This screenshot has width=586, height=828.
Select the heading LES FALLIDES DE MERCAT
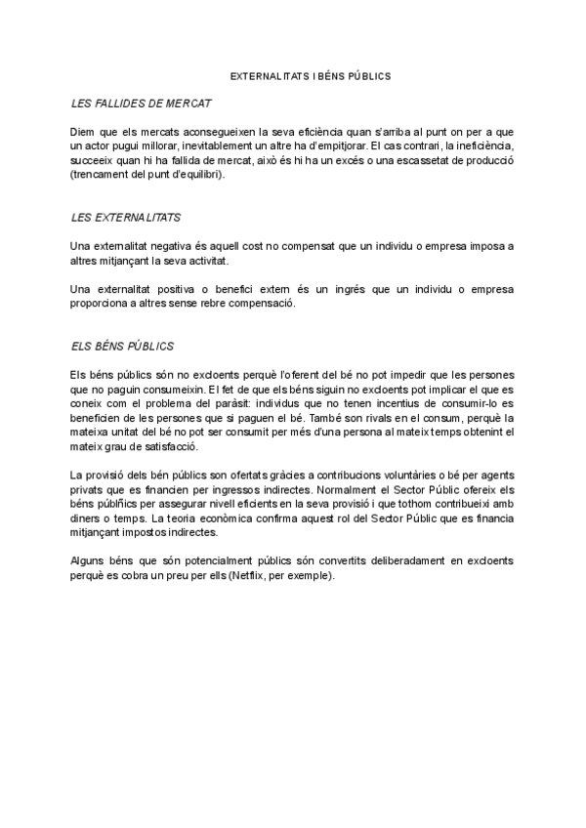click(143, 103)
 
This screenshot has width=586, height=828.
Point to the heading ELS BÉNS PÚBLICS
click(123, 346)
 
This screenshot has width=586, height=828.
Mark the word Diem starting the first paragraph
click(84, 131)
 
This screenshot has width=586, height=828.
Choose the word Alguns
click(89, 562)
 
